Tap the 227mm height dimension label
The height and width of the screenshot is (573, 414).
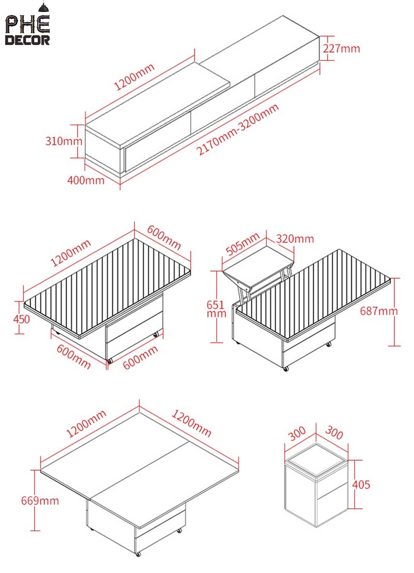(x=341, y=49)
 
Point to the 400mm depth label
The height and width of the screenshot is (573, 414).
(x=86, y=180)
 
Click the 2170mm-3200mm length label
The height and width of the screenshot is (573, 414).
(x=239, y=129)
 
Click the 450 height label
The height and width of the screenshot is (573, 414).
(x=21, y=319)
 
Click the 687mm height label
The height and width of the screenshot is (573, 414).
(x=379, y=311)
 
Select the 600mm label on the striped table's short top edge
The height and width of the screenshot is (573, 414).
(x=165, y=239)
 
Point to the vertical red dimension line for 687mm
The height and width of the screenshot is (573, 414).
(x=394, y=311)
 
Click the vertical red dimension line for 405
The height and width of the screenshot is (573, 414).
(x=355, y=485)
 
